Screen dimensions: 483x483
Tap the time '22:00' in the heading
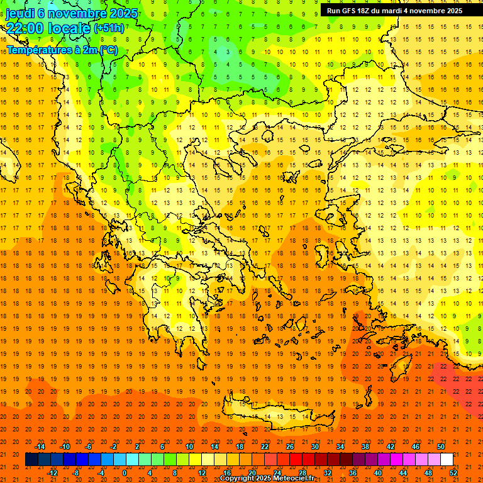pos(26,28)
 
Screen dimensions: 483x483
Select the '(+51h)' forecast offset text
pos(109,28)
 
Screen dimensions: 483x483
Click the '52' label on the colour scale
pos(453,472)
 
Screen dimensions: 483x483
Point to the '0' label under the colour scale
pos(125,472)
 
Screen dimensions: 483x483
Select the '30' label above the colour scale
pos(315,447)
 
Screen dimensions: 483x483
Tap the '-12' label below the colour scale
pos(52,472)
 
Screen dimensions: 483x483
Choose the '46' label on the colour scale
pos(416,447)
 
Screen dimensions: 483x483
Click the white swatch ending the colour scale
pos(447,460)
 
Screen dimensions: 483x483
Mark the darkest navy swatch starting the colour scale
pos(31,460)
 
